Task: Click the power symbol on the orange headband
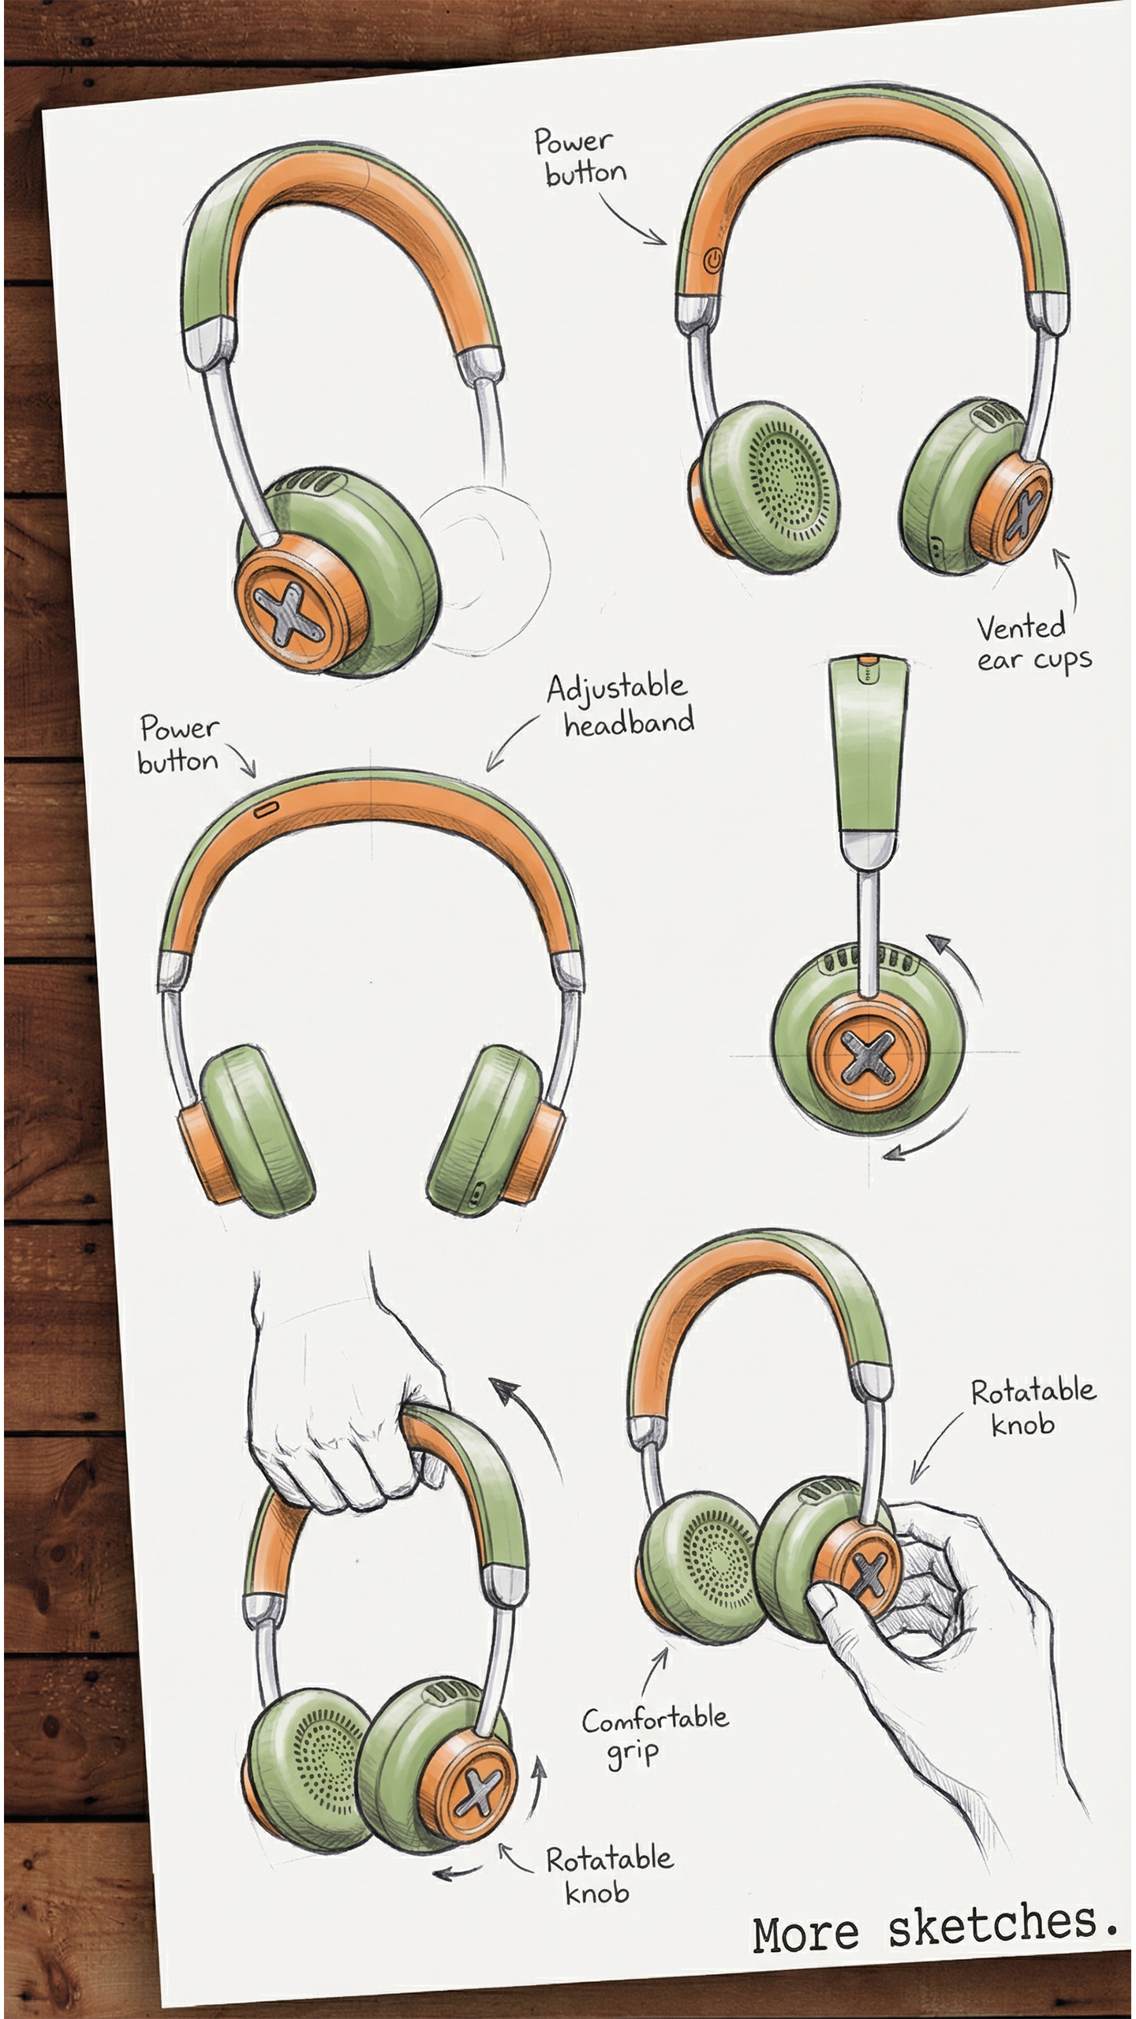coord(712,259)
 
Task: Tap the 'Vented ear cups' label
coord(1033,643)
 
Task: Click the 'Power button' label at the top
coord(580,157)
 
